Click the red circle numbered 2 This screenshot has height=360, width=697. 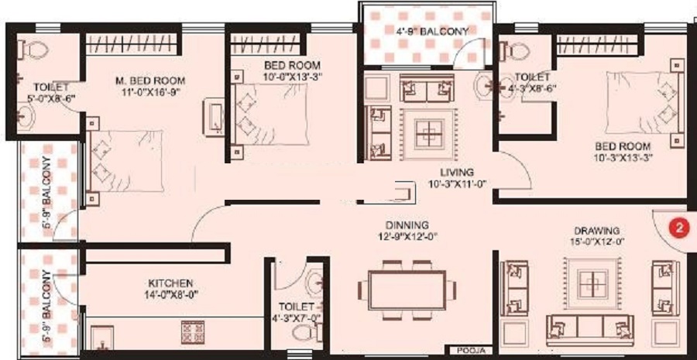pos(678,228)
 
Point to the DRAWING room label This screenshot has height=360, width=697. pos(596,231)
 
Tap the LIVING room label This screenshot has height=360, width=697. pos(456,172)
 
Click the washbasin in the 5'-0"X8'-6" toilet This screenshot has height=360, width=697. pos(26,117)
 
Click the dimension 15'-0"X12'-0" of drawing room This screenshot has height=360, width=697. pos(596,243)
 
